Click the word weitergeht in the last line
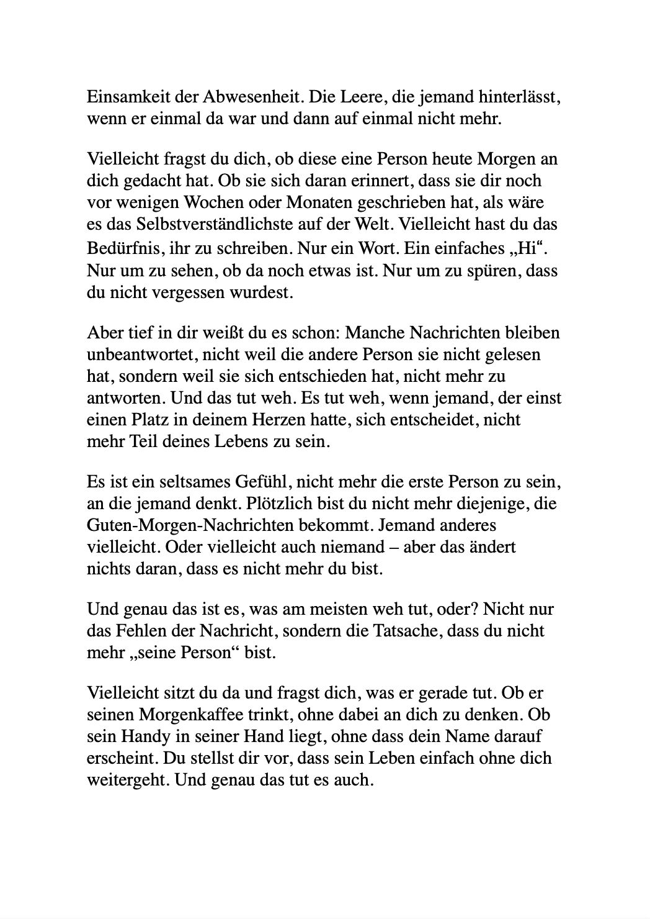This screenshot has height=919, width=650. pyautogui.click(x=127, y=779)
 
